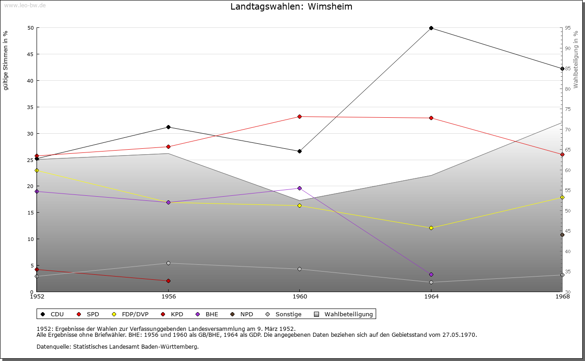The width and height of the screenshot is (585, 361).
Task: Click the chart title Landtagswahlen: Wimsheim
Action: pyautogui.click(x=291, y=7)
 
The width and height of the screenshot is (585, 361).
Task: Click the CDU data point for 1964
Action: pyautogui.click(x=431, y=28)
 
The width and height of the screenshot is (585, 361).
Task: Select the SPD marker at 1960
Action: pyautogui.click(x=300, y=117)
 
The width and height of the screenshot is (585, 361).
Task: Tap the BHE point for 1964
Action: pyautogui.click(x=431, y=275)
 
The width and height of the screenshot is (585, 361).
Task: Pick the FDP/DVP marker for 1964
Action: pyautogui.click(x=431, y=228)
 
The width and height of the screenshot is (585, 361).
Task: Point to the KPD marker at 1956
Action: pyautogui.click(x=168, y=281)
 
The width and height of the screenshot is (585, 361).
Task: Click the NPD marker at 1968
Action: pyautogui.click(x=562, y=235)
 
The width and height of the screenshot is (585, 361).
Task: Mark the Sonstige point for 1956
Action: pyautogui.click(x=168, y=263)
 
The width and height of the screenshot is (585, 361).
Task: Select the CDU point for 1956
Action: pyautogui.click(x=168, y=127)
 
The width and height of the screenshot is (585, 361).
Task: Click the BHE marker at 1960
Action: pyautogui.click(x=300, y=188)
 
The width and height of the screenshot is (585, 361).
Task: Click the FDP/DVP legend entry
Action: pyautogui.click(x=135, y=314)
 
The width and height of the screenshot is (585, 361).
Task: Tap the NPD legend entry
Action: pyautogui.click(x=246, y=314)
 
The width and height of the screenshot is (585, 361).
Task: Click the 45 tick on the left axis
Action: pyautogui.click(x=30, y=54)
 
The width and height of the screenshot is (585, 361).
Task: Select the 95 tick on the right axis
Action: pyautogui.click(x=568, y=28)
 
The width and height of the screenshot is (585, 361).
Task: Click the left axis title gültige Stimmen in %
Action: pyautogui.click(x=6, y=61)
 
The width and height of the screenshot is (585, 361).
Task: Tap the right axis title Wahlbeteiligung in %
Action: pyautogui.click(x=576, y=59)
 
